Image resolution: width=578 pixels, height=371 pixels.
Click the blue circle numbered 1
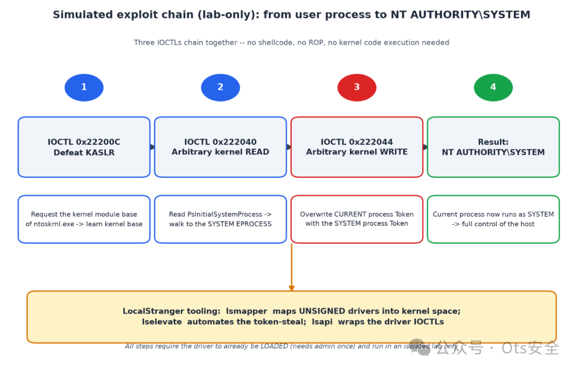(x=84, y=87)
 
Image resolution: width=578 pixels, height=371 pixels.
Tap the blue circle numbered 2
(x=220, y=87)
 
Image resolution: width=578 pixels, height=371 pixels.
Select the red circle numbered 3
(x=357, y=87)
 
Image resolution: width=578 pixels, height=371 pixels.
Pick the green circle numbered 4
(x=493, y=87)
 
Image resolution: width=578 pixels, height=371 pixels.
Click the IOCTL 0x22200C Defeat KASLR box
(x=84, y=147)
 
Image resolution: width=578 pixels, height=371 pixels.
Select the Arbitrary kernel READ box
(x=220, y=147)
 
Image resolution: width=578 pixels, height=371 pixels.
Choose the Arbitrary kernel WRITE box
(x=357, y=147)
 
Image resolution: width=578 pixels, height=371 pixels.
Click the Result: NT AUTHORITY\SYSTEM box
(x=493, y=147)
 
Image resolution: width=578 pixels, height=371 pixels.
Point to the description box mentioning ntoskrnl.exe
(x=84, y=219)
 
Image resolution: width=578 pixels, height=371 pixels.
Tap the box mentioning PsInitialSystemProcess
(x=220, y=219)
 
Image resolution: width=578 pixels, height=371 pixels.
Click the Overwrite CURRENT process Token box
(x=357, y=219)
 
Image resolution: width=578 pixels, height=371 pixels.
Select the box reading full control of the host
(x=493, y=219)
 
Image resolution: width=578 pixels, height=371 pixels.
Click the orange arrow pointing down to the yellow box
(x=292, y=267)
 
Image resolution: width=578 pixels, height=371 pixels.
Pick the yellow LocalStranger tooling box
(x=292, y=317)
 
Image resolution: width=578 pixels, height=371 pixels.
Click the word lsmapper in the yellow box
(x=247, y=311)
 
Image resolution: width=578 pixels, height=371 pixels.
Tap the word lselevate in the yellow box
(x=162, y=322)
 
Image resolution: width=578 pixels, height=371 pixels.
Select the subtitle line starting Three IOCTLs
(x=292, y=42)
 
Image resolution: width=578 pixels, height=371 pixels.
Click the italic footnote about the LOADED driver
(x=291, y=346)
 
